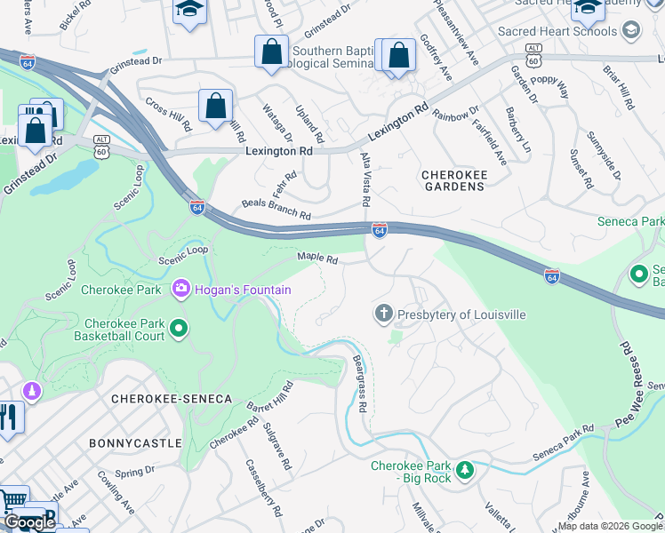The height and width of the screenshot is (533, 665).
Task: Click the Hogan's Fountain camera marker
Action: (x=182, y=288)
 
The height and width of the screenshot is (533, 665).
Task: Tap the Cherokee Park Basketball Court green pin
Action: (x=179, y=329)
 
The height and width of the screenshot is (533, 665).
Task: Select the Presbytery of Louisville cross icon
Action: (x=384, y=313)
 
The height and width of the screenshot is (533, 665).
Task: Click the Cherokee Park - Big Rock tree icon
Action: (x=463, y=470)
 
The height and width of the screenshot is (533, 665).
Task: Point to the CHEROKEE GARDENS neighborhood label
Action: (x=453, y=179)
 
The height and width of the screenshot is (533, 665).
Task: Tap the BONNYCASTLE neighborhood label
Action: (x=136, y=442)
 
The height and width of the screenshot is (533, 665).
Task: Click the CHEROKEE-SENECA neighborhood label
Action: (x=160, y=400)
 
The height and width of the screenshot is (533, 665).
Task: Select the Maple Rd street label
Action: (x=317, y=259)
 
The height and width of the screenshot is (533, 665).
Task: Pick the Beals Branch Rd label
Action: (x=276, y=210)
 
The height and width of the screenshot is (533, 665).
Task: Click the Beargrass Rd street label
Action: (x=361, y=384)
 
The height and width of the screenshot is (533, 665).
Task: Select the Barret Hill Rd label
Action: (x=270, y=399)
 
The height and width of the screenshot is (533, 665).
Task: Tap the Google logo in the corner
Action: (x=28, y=522)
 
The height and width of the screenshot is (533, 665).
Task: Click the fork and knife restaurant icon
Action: (x=10, y=418)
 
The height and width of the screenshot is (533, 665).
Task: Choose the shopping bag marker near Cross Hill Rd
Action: (x=215, y=107)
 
